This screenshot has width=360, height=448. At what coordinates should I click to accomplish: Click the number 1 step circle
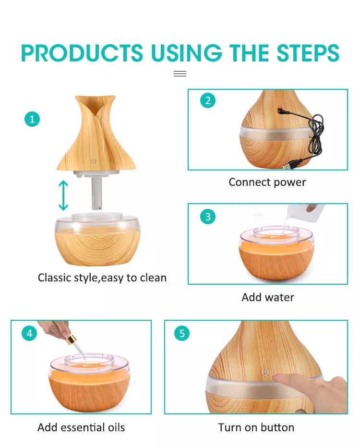coord(32,119)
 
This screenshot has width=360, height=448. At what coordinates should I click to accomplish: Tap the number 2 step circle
coord(208,100)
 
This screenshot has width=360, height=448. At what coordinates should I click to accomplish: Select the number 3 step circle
coord(208,217)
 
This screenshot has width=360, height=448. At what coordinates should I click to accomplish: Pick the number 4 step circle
coord(29,333)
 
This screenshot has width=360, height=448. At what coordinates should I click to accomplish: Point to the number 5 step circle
coord(182,333)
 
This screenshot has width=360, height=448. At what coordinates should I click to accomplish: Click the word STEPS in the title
coord(308,53)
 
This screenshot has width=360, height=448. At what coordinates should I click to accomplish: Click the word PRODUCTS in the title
coord(82,53)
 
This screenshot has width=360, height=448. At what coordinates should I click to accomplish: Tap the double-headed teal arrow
coord(63,195)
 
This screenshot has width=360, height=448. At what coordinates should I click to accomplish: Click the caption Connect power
coord(267,182)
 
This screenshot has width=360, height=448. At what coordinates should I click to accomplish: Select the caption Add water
coord(268,297)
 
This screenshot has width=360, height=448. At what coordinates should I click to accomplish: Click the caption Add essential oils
coord(81,427)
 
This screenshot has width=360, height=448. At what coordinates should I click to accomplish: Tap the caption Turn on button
coord(256,427)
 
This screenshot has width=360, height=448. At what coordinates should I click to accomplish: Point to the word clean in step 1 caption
coord(152,278)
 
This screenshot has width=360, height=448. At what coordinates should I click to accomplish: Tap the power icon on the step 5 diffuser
coord(265,372)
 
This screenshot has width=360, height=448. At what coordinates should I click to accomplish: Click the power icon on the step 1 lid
coord(94,161)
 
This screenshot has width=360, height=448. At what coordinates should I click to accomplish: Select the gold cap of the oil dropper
coord(71,339)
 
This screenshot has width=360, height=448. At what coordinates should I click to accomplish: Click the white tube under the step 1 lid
coord(97,193)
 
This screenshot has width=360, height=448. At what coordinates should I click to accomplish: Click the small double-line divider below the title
coord(180,74)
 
